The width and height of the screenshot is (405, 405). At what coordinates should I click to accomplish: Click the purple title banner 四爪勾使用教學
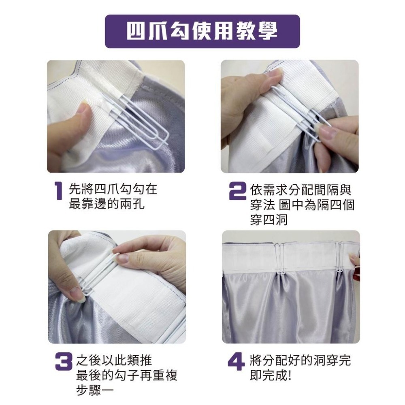coord(202,31)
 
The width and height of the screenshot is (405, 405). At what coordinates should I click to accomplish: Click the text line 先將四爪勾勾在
coord(113,188)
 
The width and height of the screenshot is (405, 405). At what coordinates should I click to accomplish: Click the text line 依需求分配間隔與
coord(301,188)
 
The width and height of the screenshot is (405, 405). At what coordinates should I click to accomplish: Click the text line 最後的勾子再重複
coord(127,376)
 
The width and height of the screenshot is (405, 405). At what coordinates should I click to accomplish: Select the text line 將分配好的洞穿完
coord(301,360)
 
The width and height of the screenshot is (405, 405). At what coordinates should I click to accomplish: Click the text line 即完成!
coord(271,376)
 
